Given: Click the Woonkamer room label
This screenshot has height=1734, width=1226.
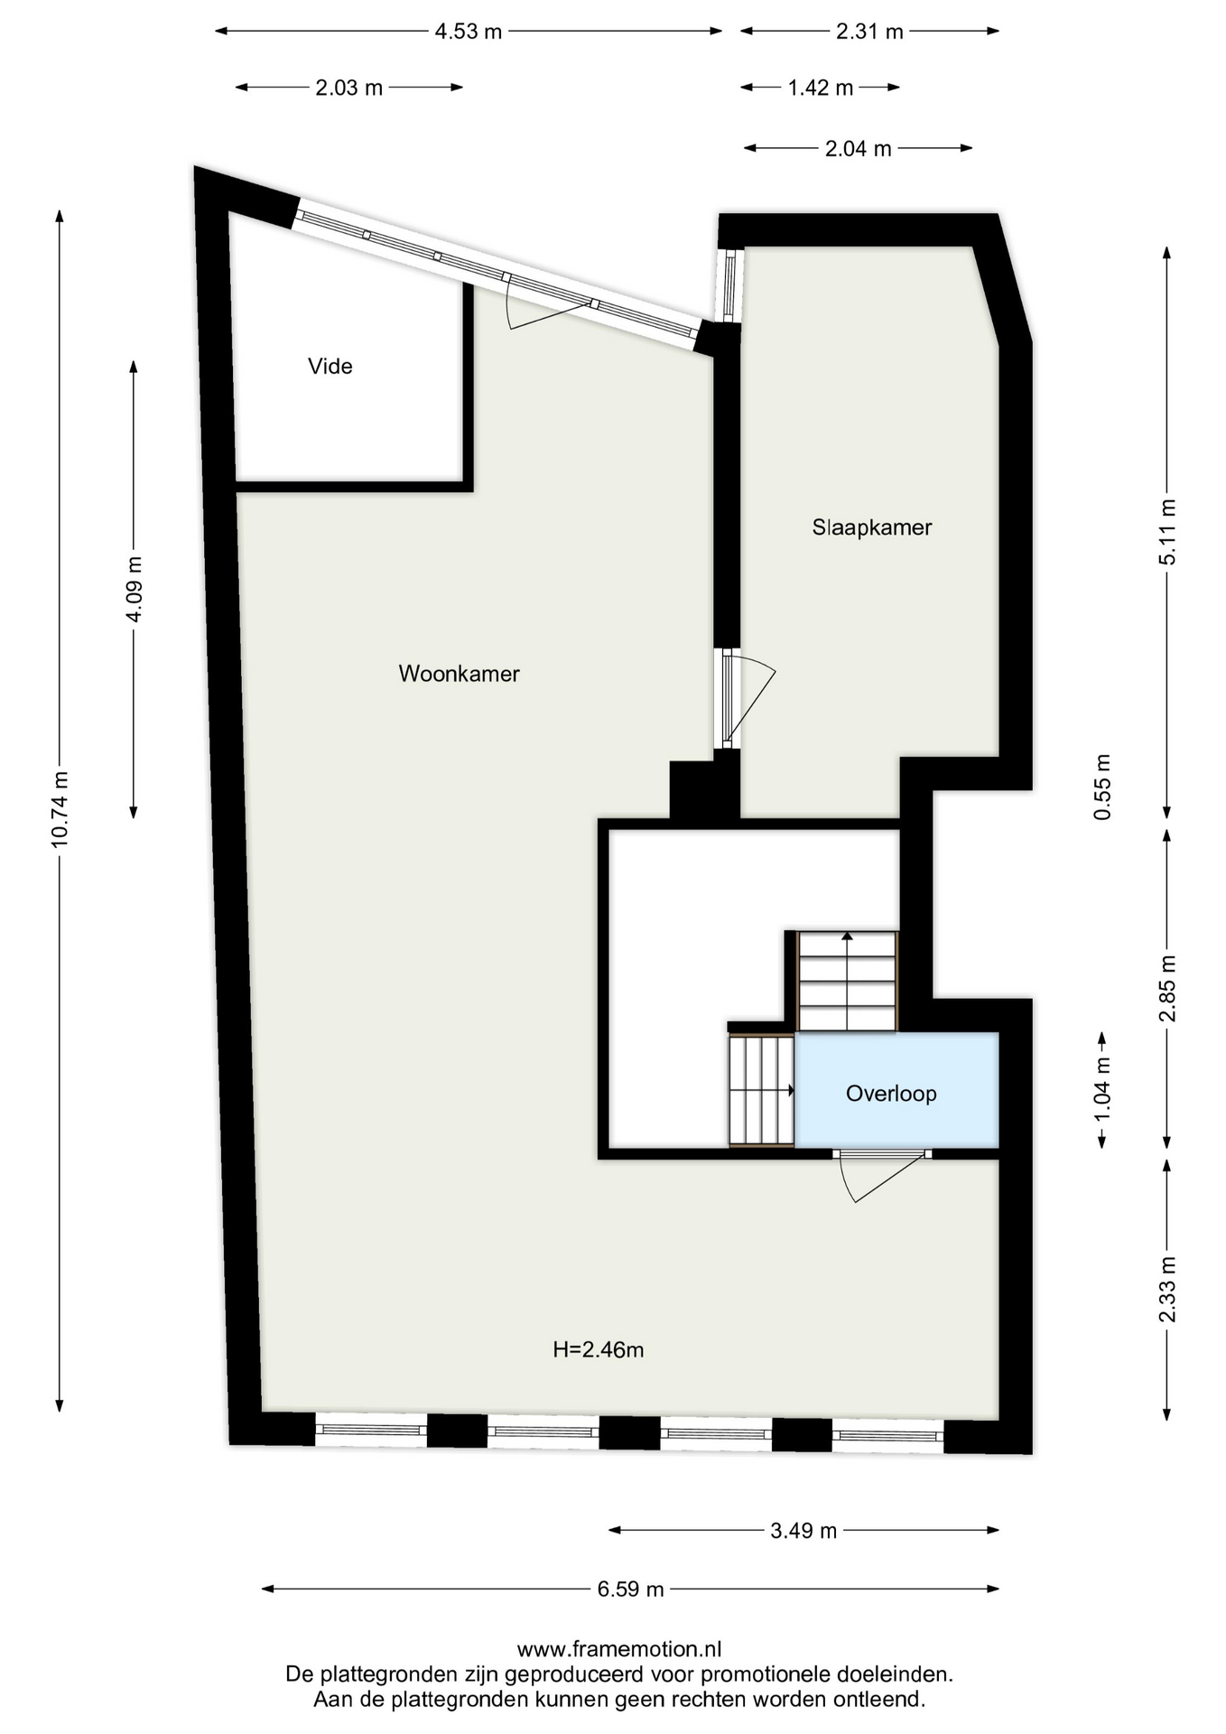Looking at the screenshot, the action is pyautogui.click(x=459, y=674).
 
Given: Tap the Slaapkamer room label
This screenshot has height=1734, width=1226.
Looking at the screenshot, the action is pyautogui.click(x=871, y=527).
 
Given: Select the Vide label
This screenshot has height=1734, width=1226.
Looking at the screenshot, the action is pyautogui.click(x=330, y=366).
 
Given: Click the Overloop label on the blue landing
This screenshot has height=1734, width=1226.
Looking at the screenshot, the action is pyautogui.click(x=891, y=1094).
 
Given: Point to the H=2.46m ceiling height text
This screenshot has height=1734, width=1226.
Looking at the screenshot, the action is pyautogui.click(x=599, y=1350).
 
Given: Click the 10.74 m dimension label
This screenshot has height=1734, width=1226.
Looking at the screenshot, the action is pyautogui.click(x=60, y=809).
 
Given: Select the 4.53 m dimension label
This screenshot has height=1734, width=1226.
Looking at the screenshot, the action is pyautogui.click(x=469, y=32).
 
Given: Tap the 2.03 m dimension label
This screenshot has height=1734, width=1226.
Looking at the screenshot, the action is pyautogui.click(x=349, y=88).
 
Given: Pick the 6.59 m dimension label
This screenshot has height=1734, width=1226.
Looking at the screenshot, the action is pyautogui.click(x=630, y=1589).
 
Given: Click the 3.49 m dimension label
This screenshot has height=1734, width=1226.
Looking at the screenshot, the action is pyautogui.click(x=803, y=1531).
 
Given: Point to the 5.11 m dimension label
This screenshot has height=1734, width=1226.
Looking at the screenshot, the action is pyautogui.click(x=1167, y=533).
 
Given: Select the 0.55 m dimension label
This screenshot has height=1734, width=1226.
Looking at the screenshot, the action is pyautogui.click(x=1102, y=787).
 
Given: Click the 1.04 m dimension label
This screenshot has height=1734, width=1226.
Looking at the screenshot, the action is pyautogui.click(x=1102, y=1089).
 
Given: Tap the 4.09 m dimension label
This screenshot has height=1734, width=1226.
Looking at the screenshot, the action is pyautogui.click(x=134, y=589).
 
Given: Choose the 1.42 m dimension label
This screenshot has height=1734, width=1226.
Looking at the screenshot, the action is pyautogui.click(x=820, y=88).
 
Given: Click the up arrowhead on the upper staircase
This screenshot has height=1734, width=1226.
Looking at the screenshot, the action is pyautogui.click(x=847, y=937).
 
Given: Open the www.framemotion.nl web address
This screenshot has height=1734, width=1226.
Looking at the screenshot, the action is pyautogui.click(x=619, y=1649).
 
